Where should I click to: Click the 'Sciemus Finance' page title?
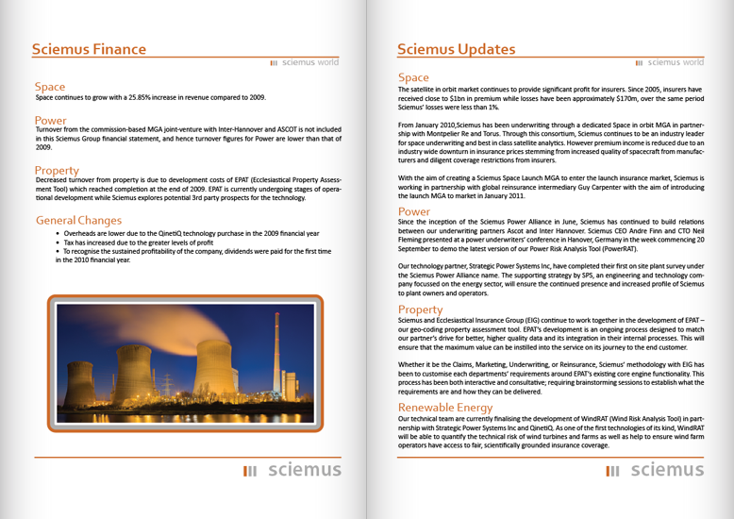(89, 49)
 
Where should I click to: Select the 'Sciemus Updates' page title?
(456, 49)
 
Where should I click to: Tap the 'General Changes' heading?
(78, 220)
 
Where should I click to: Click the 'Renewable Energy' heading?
(446, 408)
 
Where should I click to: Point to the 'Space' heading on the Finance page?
(50, 87)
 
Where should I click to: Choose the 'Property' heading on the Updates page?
(420, 310)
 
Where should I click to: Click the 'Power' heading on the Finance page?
(51, 120)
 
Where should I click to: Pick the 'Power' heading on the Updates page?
(414, 211)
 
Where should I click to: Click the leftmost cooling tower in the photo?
(79, 382)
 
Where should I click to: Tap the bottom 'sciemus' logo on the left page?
(292, 470)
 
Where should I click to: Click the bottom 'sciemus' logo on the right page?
(655, 470)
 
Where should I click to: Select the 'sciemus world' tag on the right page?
(669, 63)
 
